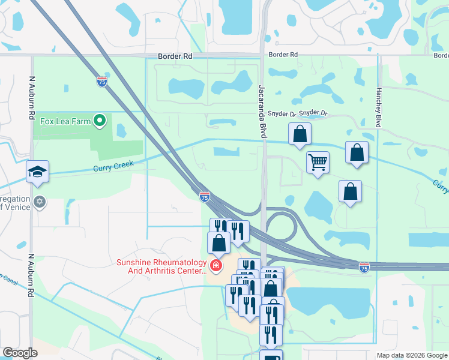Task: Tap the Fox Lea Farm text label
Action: [65, 121]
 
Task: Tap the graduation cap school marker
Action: [37, 172]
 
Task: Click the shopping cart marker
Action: [317, 161]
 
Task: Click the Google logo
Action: [20, 353]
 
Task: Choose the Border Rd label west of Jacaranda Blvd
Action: [175, 56]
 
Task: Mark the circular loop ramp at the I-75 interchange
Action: [280, 227]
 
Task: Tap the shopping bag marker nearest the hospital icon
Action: [219, 242]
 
